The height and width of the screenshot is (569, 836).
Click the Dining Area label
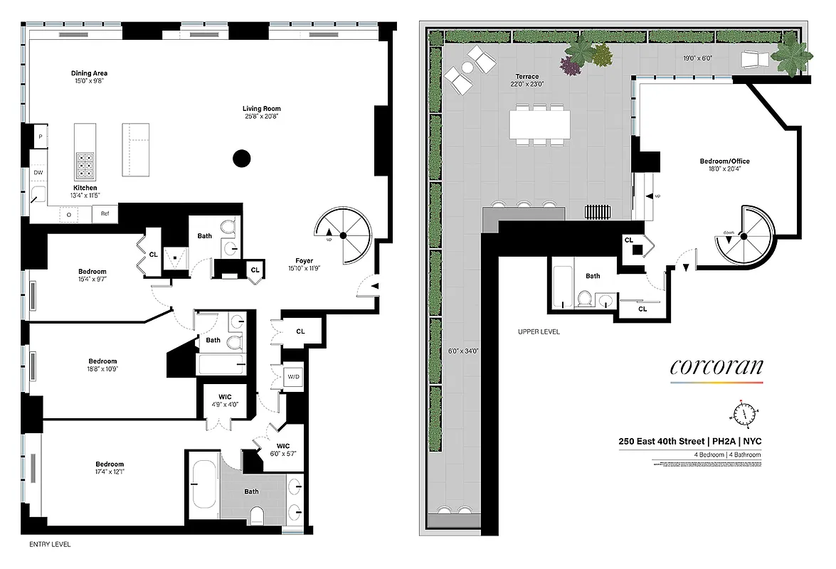(89, 73)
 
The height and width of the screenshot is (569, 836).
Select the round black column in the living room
(242, 158)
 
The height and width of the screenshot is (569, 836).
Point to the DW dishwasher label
(38, 173)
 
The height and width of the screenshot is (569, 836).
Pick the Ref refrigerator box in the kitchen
(105, 213)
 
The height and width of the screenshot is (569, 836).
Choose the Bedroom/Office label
(724, 161)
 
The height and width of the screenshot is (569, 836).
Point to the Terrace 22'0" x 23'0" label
(527, 80)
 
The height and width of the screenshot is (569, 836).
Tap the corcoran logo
(716, 367)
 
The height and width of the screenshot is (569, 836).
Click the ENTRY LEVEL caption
(49, 545)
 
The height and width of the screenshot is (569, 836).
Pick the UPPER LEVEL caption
(539, 332)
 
